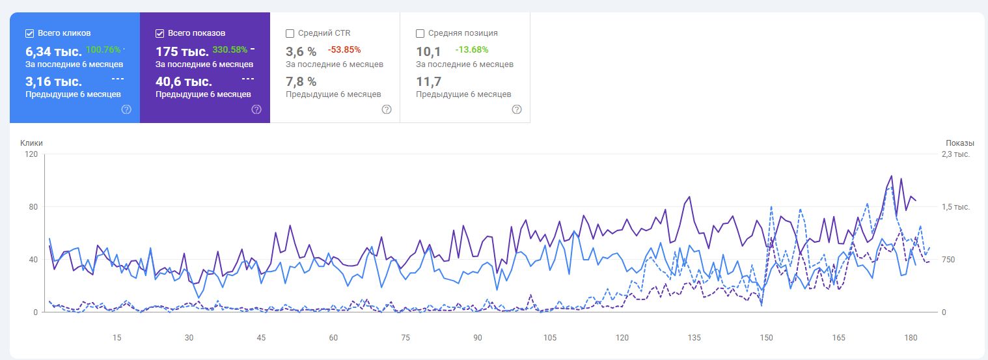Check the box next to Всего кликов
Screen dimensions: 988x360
pos(29,34)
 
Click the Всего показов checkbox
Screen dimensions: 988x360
pos(159,34)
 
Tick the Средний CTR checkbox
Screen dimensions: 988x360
pos(290,34)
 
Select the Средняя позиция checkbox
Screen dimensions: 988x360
pos(420,34)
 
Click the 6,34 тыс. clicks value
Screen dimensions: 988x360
pos(53,52)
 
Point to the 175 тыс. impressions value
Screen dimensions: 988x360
pos(182,52)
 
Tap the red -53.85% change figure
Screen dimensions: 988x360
pos(344,49)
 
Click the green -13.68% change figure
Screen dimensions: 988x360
pos(471,49)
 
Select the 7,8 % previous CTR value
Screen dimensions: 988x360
pos(301,81)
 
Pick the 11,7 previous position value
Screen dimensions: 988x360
pos(428,81)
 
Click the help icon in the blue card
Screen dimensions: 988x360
pos(126,109)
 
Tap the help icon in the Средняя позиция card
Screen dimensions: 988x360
pos(517,109)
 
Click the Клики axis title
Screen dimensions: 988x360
pos(31,143)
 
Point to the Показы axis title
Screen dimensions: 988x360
pos(960,143)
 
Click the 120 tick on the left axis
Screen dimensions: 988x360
pos(31,154)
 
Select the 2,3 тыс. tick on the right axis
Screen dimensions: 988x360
pos(956,154)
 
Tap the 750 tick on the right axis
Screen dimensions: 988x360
pos(948,259)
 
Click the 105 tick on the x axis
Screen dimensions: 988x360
pos(549,337)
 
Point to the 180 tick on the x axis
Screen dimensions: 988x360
pos(911,337)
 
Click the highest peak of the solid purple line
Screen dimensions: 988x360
pos(892,176)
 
